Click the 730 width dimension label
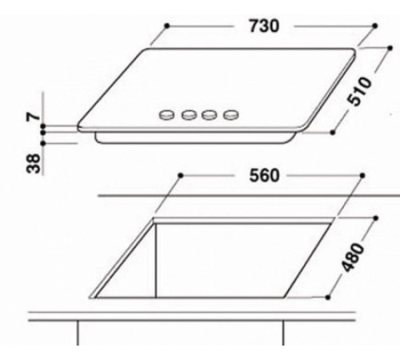[262, 26]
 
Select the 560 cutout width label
[262, 176]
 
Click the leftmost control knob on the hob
[167, 116]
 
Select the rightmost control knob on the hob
[231, 116]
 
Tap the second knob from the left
[189, 116]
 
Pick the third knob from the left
[210, 116]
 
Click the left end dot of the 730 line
[166, 26]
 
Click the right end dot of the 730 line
[374, 26]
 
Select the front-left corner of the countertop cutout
[94, 296]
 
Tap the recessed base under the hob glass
[192, 139]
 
